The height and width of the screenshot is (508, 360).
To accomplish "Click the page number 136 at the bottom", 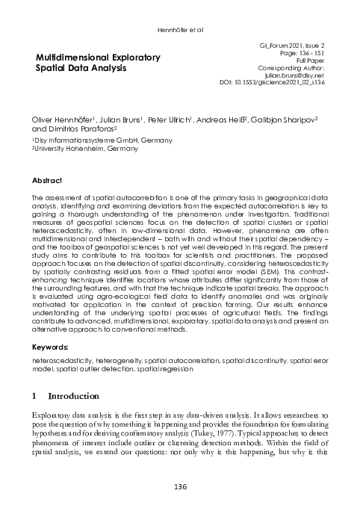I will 180,486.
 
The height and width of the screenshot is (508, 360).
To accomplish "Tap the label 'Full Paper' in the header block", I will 309,61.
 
